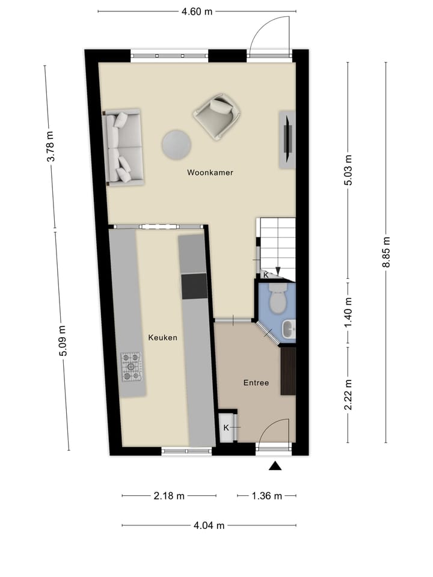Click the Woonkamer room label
(210, 172)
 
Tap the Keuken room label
(162, 338)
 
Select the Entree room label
(256, 382)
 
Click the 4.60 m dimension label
(197, 11)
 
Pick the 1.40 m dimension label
(348, 313)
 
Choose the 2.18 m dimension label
(169, 496)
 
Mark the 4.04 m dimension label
(209, 525)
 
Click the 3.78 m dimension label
(51, 147)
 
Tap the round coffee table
(176, 144)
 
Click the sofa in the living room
(123, 147)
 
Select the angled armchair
(217, 116)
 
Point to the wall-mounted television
(287, 138)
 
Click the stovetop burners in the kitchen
(131, 367)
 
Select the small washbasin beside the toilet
(289, 328)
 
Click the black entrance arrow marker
(275, 465)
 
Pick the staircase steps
(277, 243)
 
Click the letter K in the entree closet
(226, 427)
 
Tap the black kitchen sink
(194, 286)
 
